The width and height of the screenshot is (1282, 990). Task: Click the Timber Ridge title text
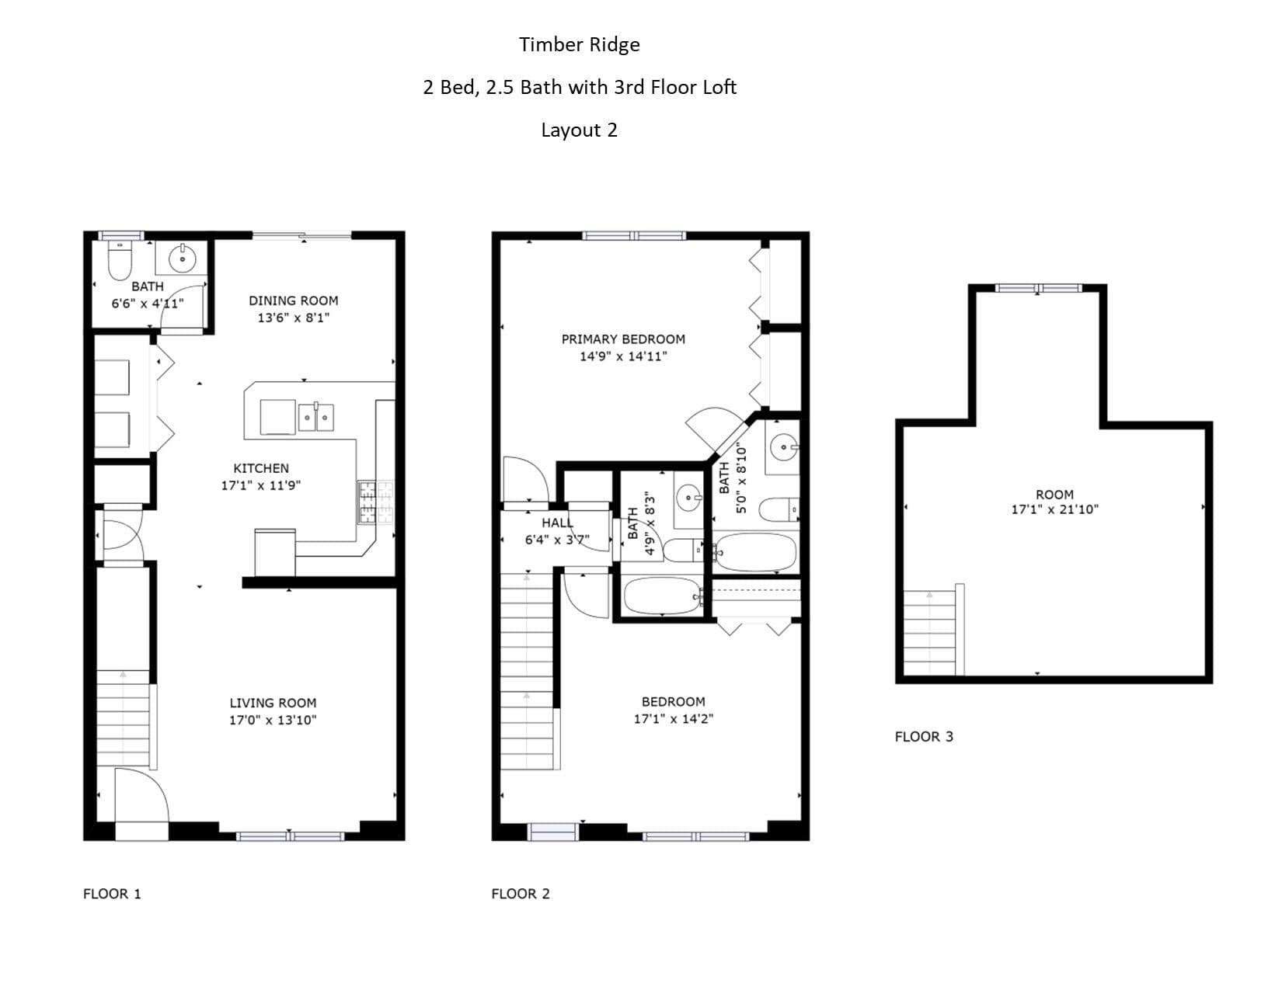(x=579, y=45)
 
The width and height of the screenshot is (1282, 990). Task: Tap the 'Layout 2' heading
(x=579, y=130)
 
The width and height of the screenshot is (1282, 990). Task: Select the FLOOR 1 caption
(x=112, y=894)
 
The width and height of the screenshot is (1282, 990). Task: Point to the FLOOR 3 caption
(x=924, y=736)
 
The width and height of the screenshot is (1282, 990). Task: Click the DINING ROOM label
(x=293, y=300)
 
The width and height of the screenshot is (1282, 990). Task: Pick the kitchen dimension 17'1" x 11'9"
(x=261, y=485)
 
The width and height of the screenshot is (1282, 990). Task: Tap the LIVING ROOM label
(x=273, y=703)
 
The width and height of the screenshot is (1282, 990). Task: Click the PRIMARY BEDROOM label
(x=623, y=339)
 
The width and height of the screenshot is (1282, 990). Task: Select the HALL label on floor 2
(x=557, y=523)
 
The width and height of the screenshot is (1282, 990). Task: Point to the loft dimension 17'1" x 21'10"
(x=1055, y=509)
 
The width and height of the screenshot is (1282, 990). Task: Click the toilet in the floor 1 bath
(x=120, y=260)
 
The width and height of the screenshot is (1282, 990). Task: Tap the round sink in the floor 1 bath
(x=183, y=259)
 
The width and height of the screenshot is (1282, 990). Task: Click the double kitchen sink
(x=315, y=418)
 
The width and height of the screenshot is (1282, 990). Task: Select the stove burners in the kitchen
(x=375, y=502)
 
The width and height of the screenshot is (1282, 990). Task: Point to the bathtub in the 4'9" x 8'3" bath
(x=662, y=596)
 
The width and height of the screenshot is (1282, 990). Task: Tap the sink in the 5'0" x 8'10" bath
(x=783, y=447)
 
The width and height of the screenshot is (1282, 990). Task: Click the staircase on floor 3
(x=930, y=633)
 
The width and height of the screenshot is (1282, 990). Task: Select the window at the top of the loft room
(x=1038, y=288)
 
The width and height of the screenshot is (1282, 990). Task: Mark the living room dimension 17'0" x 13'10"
(x=273, y=720)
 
